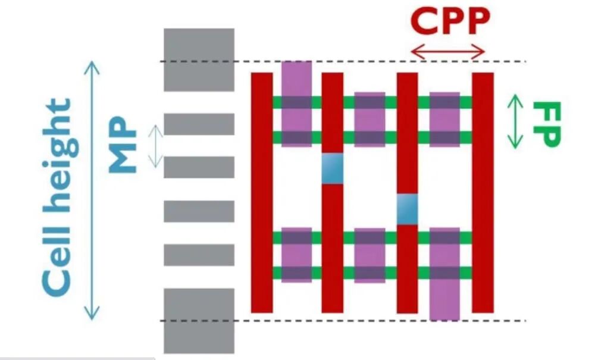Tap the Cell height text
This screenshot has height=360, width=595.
(58, 196)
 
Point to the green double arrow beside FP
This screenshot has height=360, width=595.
(515, 121)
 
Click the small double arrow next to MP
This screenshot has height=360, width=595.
(155, 146)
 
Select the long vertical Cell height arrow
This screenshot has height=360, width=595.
(92, 190)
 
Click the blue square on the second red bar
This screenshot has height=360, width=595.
(332, 169)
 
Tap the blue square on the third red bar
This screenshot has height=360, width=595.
(408, 209)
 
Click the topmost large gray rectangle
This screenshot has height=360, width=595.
(199, 60)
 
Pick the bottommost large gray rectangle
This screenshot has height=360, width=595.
(199, 320)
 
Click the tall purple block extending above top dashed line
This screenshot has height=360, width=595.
(296, 77)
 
